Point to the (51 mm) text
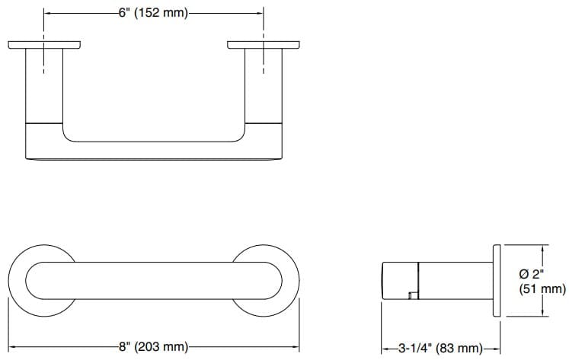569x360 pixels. tap(542, 289)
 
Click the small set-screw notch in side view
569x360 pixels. tap(412, 293)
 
